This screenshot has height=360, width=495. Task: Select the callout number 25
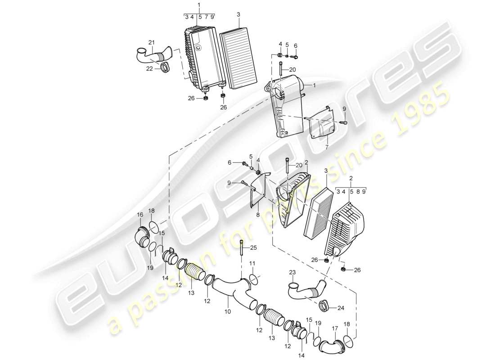(253, 247)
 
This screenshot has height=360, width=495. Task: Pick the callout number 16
(139, 215)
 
